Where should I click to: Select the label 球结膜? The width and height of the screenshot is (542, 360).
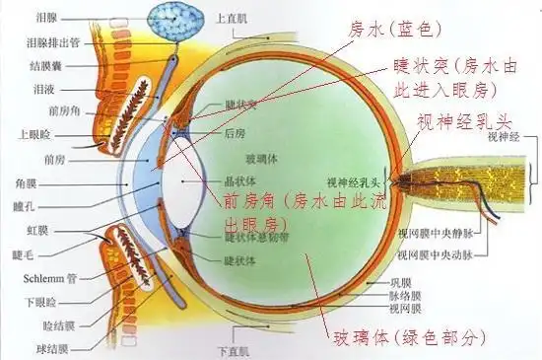point(49,347)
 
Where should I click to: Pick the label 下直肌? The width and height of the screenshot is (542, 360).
point(235,350)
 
